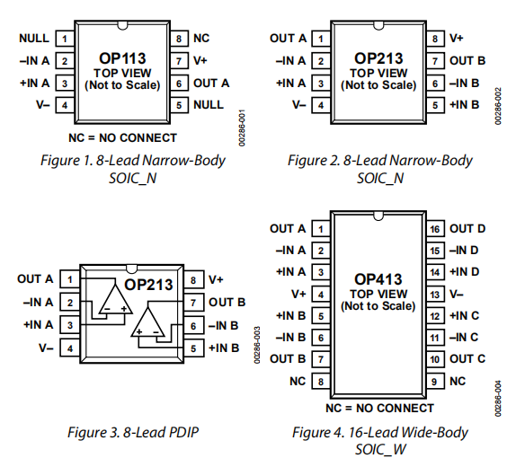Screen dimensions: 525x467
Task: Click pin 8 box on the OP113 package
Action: pyautogui.click(x=179, y=39)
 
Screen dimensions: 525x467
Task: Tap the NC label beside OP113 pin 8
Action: pyautogui.click(x=201, y=38)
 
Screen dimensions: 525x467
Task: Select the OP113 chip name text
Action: pyautogui.click(x=122, y=58)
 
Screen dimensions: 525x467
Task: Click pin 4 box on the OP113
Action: pyautogui.click(x=65, y=105)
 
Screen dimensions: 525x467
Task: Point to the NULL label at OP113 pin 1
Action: pyautogui.click(x=34, y=38)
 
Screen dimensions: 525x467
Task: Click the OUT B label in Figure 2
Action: pyautogui.click(x=467, y=60)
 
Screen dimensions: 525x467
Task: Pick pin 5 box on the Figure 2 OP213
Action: pyautogui.click(x=435, y=105)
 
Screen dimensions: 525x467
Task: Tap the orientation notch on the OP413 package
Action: pyautogui.click(x=378, y=216)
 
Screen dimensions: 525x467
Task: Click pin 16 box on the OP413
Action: pyautogui.click(x=435, y=229)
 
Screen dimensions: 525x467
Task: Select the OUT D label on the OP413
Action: pyautogui.click(x=467, y=228)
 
